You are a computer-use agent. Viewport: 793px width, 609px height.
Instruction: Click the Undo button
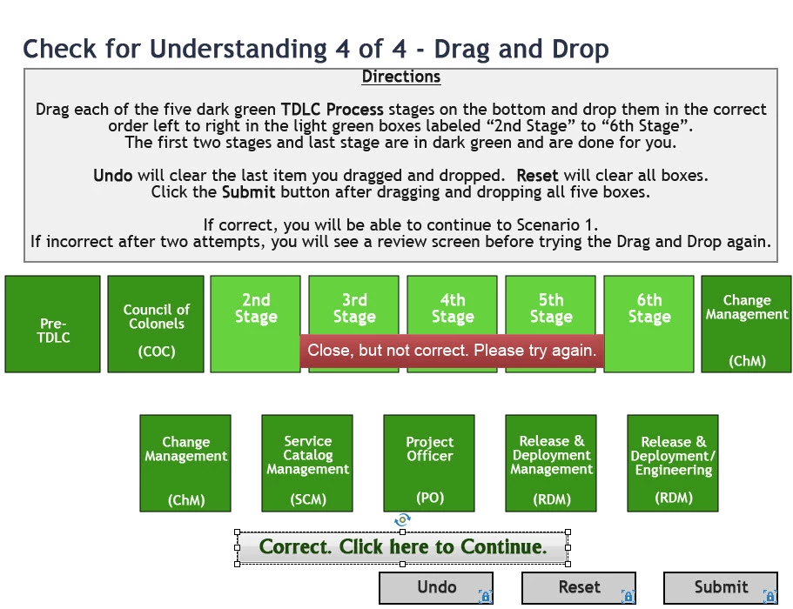[436, 588]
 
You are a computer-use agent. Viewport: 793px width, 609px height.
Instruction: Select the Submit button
[720, 588]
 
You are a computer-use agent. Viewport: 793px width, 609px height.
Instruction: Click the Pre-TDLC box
[52, 324]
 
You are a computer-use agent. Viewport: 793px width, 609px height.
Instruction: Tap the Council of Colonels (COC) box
[156, 324]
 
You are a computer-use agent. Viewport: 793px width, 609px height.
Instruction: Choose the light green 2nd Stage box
[255, 324]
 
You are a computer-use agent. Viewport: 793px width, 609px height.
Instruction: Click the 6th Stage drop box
[649, 324]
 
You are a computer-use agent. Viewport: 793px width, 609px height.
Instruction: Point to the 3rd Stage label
[354, 308]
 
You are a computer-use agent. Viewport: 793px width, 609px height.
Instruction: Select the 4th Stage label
[453, 308]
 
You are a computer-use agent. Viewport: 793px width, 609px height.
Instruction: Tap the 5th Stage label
[551, 308]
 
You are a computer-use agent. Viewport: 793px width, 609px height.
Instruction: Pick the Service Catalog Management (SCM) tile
[307, 464]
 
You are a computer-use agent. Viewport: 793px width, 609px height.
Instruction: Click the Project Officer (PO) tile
[429, 464]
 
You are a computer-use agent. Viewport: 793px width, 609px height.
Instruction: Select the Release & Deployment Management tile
[551, 464]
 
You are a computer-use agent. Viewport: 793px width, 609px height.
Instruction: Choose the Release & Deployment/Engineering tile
[673, 464]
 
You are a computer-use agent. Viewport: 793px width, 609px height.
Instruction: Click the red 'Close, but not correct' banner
[452, 351]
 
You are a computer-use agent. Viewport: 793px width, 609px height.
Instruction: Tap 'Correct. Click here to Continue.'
[402, 547]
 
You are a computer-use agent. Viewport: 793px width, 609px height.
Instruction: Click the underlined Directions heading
[401, 77]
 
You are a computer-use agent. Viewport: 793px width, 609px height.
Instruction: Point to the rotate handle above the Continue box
[402, 519]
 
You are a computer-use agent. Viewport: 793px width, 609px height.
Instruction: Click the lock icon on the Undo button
[485, 597]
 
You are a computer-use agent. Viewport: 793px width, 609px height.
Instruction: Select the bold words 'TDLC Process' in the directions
[332, 109]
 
